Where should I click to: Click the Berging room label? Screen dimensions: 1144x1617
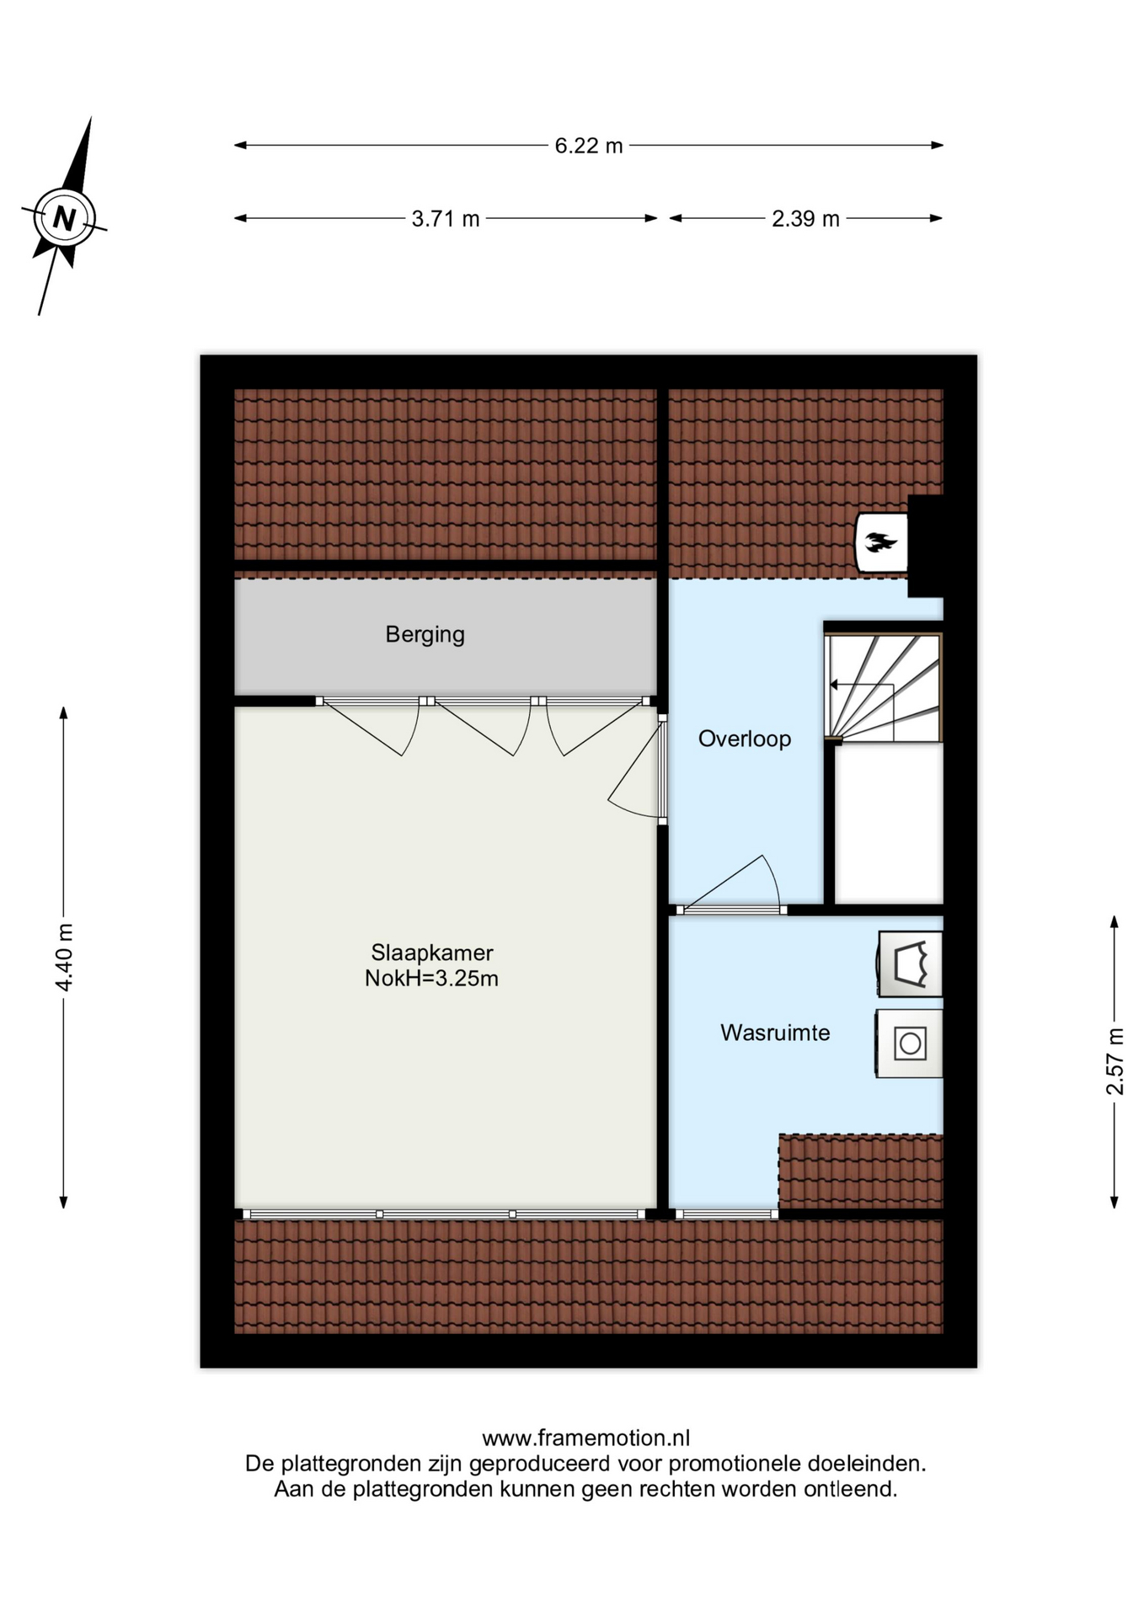click(x=425, y=634)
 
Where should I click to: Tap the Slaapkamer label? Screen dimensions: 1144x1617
click(x=432, y=953)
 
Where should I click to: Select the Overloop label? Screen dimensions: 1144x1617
click(x=745, y=739)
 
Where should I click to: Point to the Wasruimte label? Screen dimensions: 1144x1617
click(x=775, y=1033)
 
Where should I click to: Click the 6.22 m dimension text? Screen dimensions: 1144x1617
click(x=589, y=146)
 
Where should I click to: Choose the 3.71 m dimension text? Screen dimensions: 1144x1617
click(x=446, y=219)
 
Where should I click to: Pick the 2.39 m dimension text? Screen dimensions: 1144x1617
click(x=806, y=219)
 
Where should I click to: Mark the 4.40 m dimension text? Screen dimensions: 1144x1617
click(x=65, y=957)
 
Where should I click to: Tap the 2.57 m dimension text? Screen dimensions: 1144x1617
click(x=1115, y=1061)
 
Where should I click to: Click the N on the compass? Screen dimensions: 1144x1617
click(x=64, y=219)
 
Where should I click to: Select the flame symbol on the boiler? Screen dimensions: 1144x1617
click(x=881, y=542)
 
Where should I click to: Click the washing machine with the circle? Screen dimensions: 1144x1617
click(x=909, y=1043)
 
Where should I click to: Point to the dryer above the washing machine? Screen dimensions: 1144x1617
click(x=910, y=964)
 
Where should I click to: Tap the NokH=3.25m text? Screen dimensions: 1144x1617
click(x=431, y=979)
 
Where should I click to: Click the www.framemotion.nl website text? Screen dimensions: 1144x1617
click(x=585, y=1438)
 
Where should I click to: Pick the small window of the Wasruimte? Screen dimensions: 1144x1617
click(x=726, y=1214)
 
